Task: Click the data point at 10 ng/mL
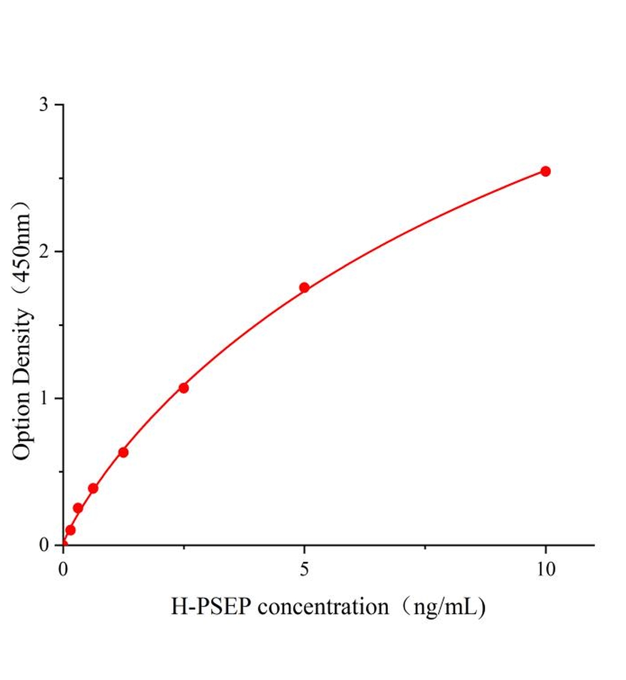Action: [x=545, y=171]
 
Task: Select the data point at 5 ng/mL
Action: [x=304, y=287]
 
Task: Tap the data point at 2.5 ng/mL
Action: [x=184, y=388]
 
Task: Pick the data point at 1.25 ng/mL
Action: [x=123, y=452]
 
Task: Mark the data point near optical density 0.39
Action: [x=93, y=488]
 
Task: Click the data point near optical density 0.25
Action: [x=78, y=508]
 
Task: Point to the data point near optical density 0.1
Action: [x=70, y=530]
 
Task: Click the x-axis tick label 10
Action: [x=545, y=569]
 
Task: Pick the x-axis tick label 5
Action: [x=304, y=569]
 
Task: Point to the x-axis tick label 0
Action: [x=64, y=569]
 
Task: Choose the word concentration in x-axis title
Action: [x=323, y=607]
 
